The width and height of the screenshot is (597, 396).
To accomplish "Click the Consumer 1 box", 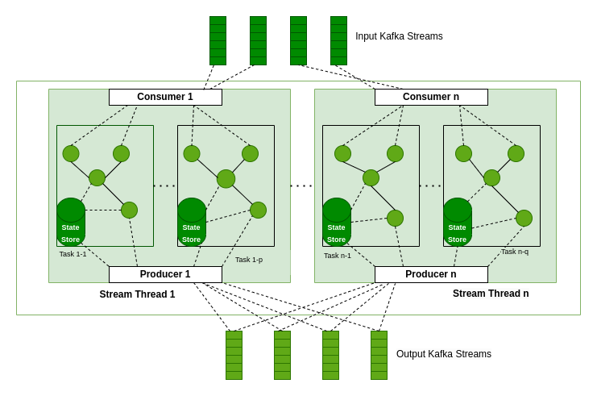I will (x=165, y=97).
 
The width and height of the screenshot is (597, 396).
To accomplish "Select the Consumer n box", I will (x=431, y=97).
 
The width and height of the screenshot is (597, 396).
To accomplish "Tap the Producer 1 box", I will (x=165, y=274).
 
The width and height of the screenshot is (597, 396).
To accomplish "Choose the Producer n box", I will (x=431, y=274).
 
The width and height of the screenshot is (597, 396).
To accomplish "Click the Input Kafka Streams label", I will (x=399, y=36).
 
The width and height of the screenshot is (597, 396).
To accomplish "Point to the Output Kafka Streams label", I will (x=443, y=354).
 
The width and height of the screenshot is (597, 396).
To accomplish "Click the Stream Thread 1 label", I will (x=137, y=294).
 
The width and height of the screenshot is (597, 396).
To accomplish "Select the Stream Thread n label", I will (x=491, y=294).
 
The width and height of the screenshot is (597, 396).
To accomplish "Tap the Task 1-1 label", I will (x=73, y=254).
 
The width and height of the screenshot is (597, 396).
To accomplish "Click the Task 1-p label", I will (x=249, y=260).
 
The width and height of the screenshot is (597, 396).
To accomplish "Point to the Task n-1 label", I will (x=338, y=256).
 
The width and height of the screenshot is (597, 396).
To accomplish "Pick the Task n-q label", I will (x=515, y=252).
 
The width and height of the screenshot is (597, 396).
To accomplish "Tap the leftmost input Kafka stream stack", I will (x=218, y=40).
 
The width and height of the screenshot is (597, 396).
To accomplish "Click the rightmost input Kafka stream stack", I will (x=338, y=40).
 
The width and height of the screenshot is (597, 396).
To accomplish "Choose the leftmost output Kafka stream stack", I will (x=234, y=355).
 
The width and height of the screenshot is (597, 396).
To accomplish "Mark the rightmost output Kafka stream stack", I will (x=379, y=355).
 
